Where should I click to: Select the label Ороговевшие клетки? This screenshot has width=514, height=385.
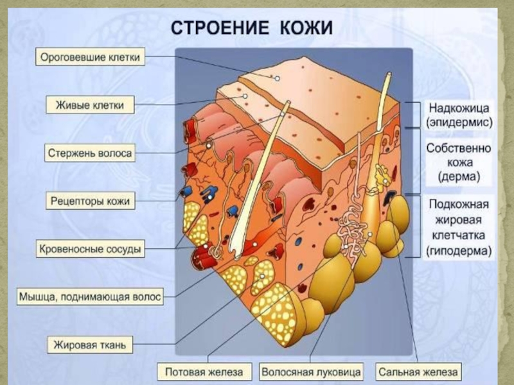point(90,57)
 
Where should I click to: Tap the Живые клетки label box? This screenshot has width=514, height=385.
point(90,105)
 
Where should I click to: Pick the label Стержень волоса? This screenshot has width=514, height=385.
point(90,153)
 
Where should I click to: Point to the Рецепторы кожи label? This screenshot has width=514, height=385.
point(90,201)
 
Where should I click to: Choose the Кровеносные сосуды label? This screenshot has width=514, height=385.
point(89,248)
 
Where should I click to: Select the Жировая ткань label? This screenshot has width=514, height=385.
point(90,345)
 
